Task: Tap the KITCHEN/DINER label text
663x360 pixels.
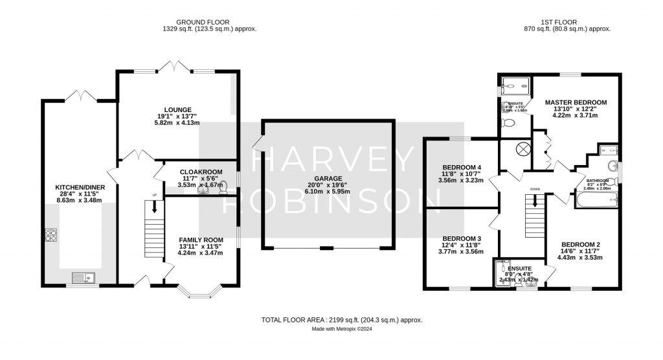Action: (81, 188)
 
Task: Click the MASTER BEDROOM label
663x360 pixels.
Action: (576, 102)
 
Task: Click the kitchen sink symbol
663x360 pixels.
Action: (83, 278)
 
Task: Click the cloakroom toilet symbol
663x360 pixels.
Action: (223, 188)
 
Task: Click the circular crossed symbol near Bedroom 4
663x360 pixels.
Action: (521, 148)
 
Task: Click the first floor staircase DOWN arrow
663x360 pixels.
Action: (535, 201)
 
